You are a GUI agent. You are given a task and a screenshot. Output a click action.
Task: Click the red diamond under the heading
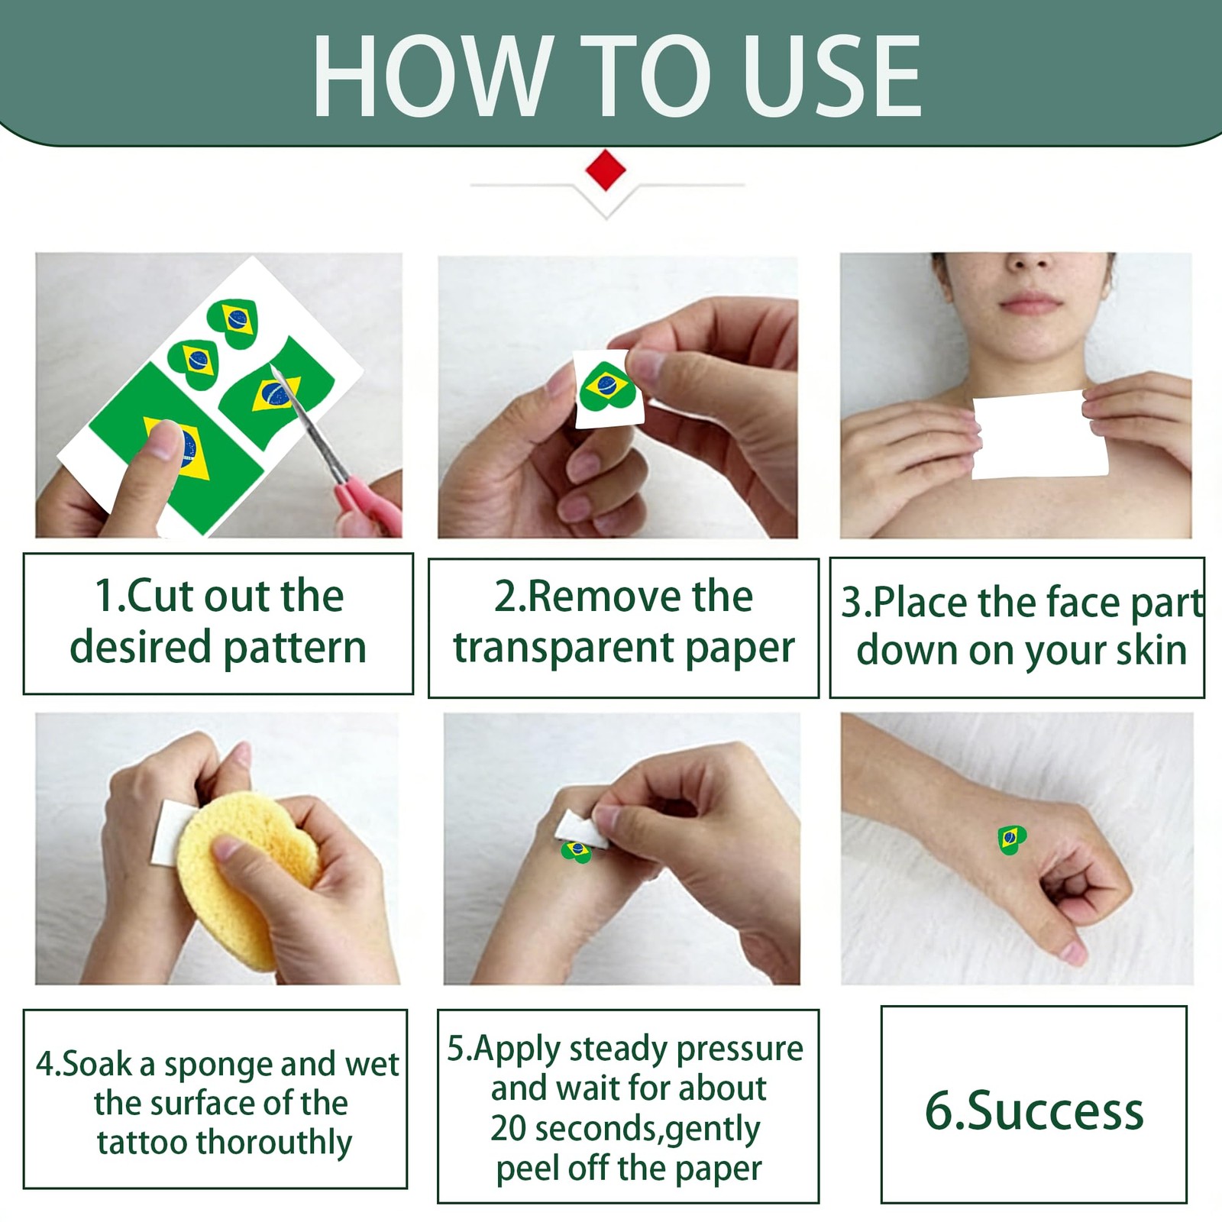pyautogui.click(x=606, y=170)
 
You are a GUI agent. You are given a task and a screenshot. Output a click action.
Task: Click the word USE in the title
pyautogui.click(x=832, y=77)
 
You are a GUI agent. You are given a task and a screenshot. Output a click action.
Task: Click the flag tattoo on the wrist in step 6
pyautogui.click(x=1011, y=839)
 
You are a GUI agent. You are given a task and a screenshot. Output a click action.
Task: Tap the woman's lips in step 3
pyautogui.click(x=1032, y=302)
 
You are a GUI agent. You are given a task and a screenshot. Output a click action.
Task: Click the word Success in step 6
pyautogui.click(x=1056, y=1110)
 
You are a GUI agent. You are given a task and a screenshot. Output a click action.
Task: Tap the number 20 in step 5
pyautogui.click(x=509, y=1128)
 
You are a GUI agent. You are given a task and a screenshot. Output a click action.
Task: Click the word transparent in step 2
pyautogui.click(x=564, y=648)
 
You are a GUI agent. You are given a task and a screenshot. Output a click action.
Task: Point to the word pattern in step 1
pyautogui.click(x=295, y=648)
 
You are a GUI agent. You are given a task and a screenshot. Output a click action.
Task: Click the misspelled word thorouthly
pyautogui.click(x=274, y=1143)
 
